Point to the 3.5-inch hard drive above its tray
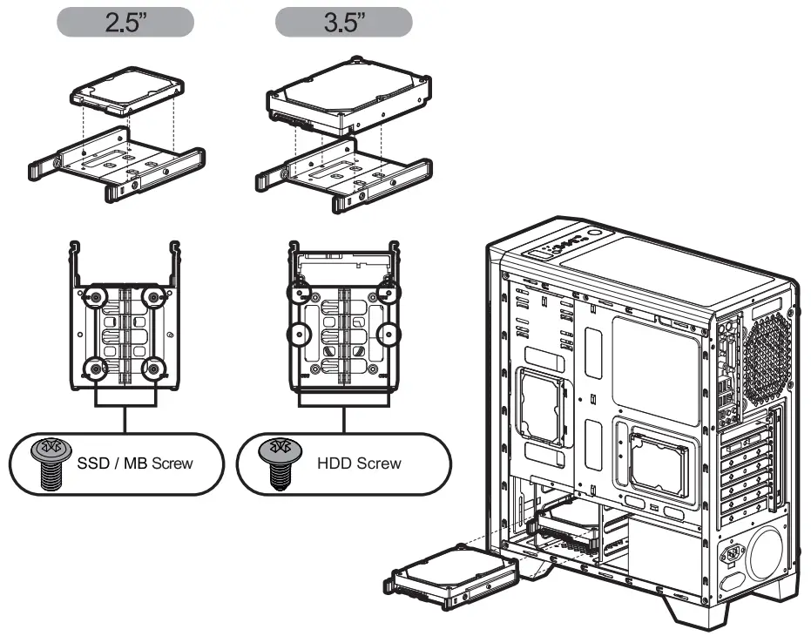tap(347, 97)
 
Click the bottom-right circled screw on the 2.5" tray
tap(154, 366)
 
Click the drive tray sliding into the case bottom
tap(451, 581)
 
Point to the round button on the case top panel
tap(593, 235)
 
